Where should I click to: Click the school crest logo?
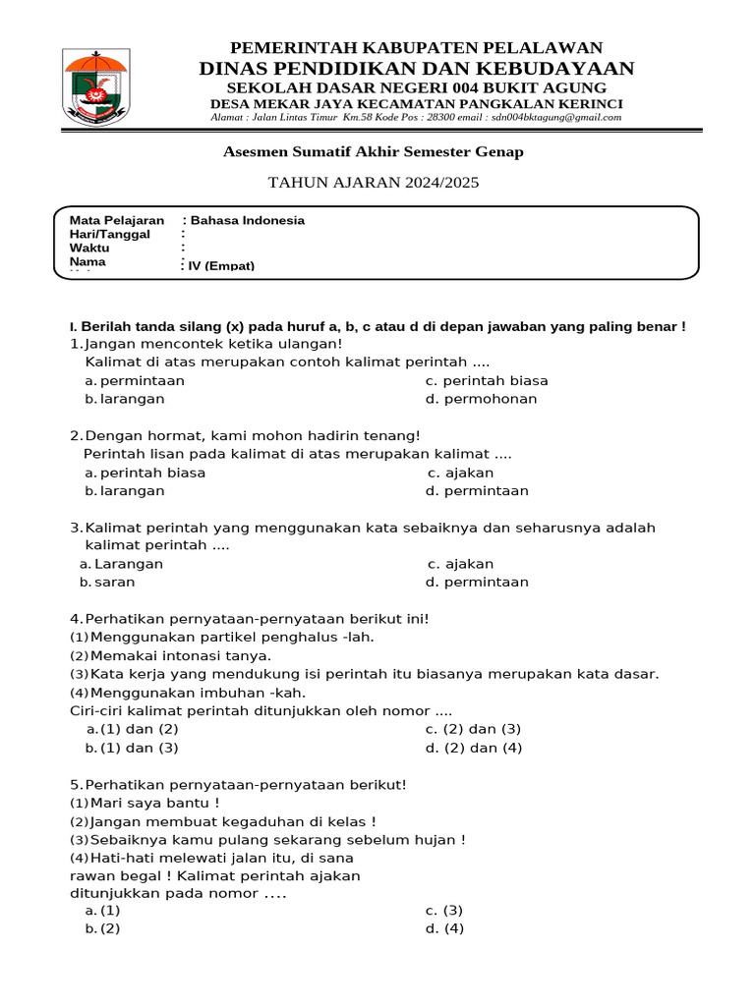click(x=94, y=86)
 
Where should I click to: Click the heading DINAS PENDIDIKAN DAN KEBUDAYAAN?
click(x=416, y=68)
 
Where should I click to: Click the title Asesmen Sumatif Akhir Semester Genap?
click(x=374, y=151)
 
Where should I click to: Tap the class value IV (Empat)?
click(x=221, y=265)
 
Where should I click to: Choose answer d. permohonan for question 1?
click(x=481, y=399)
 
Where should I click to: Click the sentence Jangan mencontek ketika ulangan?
click(x=213, y=344)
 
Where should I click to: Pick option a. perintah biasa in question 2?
click(x=145, y=473)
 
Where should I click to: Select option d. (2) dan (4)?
click(x=474, y=748)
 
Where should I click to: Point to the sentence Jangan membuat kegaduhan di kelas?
click(x=223, y=821)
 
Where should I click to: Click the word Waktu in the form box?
click(x=89, y=249)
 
